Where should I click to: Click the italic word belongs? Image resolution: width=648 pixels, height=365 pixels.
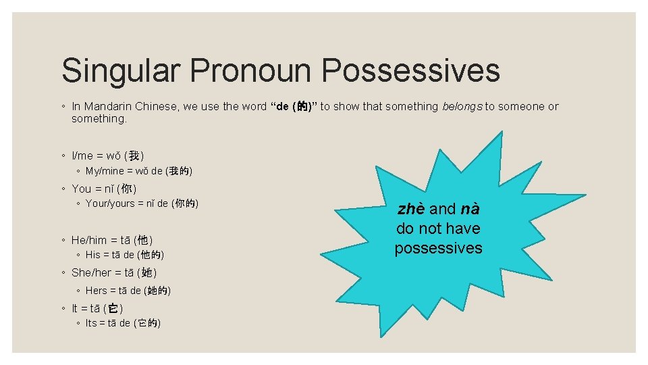(x=462, y=106)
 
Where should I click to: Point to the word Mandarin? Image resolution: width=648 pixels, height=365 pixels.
(x=107, y=106)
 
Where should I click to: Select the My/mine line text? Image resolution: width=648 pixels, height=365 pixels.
(x=139, y=172)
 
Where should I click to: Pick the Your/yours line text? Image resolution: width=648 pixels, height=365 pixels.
(x=142, y=203)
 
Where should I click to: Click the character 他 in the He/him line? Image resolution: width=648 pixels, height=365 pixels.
(x=142, y=240)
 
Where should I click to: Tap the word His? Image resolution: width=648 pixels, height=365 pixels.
(x=92, y=255)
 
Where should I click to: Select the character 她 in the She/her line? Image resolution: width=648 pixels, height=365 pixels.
(x=146, y=273)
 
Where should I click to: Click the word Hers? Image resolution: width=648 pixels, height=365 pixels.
(x=97, y=291)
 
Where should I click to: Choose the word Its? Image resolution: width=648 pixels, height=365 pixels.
(x=92, y=324)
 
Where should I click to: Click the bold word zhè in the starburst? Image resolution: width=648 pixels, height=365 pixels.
(x=412, y=209)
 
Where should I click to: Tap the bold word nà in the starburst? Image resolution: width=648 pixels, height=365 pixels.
(x=469, y=209)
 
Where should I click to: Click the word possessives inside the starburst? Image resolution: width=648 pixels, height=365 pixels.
(x=438, y=248)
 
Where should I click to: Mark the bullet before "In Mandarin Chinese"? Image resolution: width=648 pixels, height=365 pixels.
(x=62, y=107)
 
